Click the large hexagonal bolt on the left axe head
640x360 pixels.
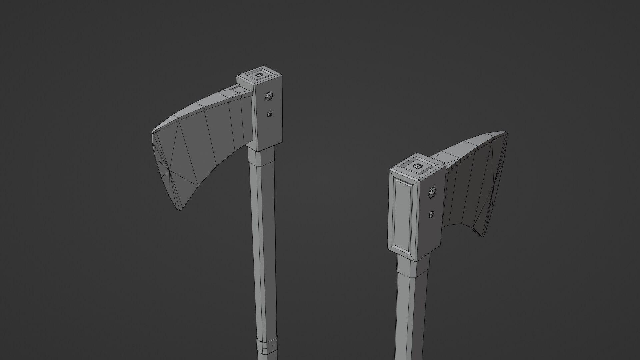click(x=269, y=96)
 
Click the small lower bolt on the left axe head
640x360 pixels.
click(x=270, y=114)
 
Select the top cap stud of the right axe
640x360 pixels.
click(x=417, y=166)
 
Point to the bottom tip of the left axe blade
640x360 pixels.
click(x=180, y=210)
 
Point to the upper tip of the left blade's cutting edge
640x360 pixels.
click(x=153, y=131)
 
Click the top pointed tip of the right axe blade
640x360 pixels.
click(x=506, y=133)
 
